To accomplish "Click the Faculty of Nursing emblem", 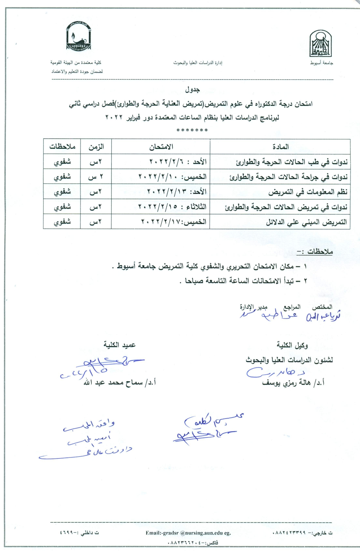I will [78, 36].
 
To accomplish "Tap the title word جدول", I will [192, 89].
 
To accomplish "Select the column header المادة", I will [280, 147].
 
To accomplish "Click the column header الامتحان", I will [161, 147].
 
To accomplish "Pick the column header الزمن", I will [96, 147].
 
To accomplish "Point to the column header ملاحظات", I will [62, 147].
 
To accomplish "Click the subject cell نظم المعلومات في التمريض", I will [308, 192].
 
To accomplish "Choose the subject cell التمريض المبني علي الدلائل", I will [306, 222].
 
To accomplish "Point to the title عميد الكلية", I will [119, 345].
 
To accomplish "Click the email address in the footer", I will [188, 533].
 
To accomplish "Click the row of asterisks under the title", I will [192, 131].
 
